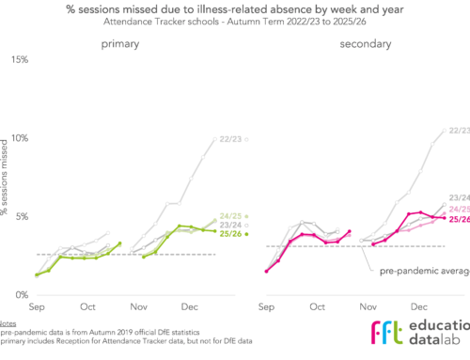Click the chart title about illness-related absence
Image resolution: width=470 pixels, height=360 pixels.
(235, 10)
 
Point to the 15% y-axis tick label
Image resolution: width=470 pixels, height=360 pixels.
(18, 59)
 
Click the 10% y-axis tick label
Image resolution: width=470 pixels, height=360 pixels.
(18, 138)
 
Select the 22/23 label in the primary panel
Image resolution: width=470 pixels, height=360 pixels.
(228, 139)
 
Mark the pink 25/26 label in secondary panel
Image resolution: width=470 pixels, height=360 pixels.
(459, 219)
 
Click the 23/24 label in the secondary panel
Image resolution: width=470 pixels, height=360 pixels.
(459, 197)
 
